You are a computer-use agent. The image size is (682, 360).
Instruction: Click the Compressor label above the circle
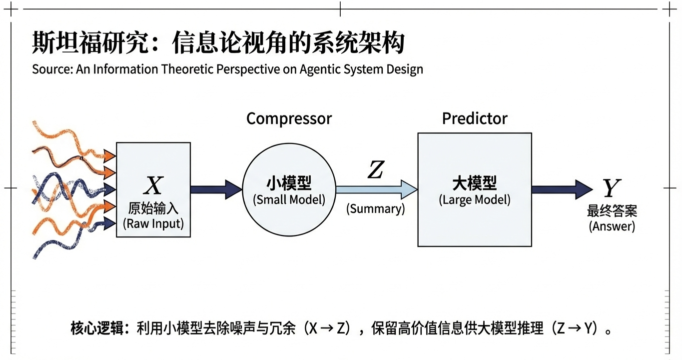point(289,119)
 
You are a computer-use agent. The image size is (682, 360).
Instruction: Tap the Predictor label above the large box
point(475,119)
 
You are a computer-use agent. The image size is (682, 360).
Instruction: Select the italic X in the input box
point(153,186)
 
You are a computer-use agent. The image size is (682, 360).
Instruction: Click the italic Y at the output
point(611,188)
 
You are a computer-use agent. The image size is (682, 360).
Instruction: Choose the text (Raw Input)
point(153,223)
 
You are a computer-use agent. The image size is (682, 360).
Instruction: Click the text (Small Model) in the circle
point(289,199)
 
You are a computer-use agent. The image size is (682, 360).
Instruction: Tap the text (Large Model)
point(475,200)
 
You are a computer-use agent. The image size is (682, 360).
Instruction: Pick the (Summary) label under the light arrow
point(376,208)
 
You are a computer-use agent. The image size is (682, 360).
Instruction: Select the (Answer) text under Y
point(612,226)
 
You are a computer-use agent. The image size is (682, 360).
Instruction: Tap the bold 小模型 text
point(289,184)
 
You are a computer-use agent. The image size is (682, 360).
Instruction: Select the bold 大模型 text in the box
point(475,184)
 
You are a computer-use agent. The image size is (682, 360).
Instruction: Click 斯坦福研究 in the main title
point(91,43)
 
